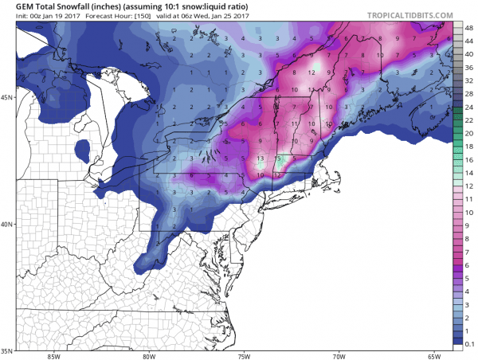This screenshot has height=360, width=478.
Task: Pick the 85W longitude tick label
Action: tap(54, 356)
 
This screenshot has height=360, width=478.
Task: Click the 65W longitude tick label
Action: tap(433, 356)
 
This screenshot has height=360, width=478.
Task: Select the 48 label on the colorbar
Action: tap(468, 27)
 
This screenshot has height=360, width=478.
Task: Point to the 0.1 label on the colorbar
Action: tap(468, 341)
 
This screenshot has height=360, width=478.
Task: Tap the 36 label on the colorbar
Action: tap(468, 67)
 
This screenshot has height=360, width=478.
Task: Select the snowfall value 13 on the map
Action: tap(261, 158)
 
